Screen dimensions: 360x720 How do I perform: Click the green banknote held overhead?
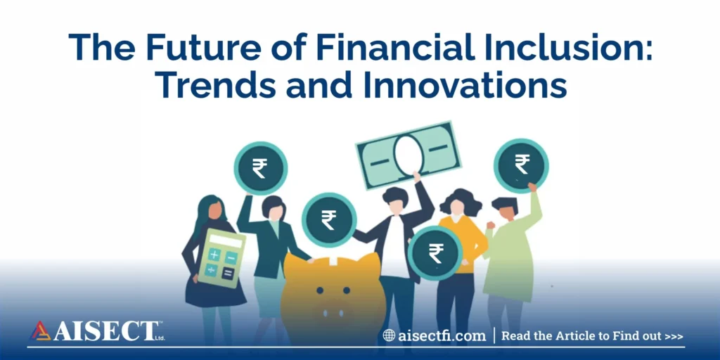tap(408, 153)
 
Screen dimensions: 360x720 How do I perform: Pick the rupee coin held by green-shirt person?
tap(521, 165)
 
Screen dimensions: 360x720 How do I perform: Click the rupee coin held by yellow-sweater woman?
tap(435, 252)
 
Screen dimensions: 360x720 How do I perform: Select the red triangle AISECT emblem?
tap(39, 331)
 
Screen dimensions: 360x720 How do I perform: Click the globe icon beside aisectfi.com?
tap(389, 335)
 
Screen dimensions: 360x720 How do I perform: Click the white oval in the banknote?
tap(408, 154)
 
